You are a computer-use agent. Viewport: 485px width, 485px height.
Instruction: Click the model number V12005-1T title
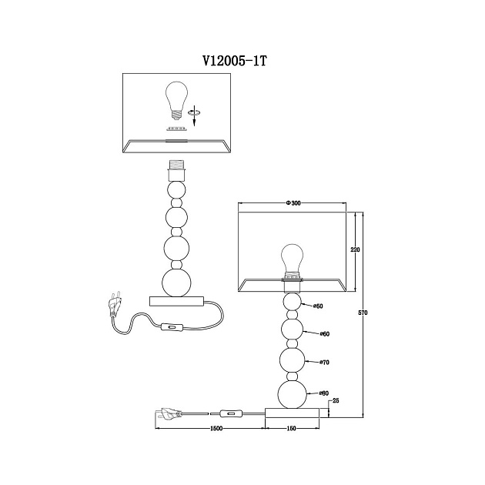pos(234,61)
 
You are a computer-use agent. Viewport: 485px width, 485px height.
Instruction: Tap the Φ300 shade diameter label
pos(293,203)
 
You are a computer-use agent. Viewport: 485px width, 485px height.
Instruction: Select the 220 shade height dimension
pos(355,249)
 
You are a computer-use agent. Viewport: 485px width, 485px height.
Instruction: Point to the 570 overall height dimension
pos(363,313)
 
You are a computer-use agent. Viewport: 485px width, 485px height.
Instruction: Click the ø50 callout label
pos(318,306)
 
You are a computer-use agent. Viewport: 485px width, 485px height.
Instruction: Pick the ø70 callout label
pos(324,362)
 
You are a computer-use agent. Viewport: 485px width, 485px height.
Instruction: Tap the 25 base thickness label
pos(336,400)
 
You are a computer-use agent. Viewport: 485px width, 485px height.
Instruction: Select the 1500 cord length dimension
pos(216,428)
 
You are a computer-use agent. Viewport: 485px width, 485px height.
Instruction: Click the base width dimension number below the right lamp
pos(291,428)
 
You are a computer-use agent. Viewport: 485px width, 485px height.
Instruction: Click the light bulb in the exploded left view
pos(176,100)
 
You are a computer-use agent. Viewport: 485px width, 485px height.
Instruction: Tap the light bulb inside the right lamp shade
pos(292,261)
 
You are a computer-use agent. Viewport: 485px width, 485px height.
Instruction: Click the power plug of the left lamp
pos(115,304)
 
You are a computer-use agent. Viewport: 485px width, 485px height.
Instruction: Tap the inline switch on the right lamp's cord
pos(231,413)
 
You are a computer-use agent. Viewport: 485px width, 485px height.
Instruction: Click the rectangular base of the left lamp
pos(176,301)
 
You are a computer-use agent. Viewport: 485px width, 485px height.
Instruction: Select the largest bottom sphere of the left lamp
pos(176,283)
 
